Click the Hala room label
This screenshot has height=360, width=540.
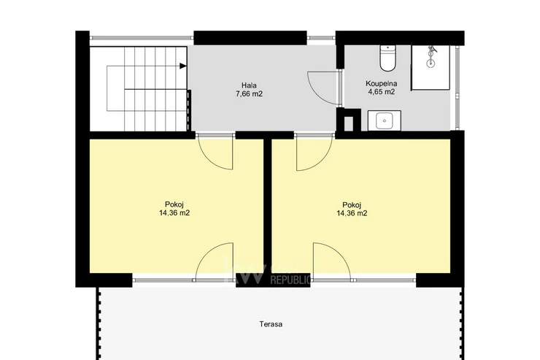point(249,85)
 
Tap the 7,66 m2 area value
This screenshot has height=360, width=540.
point(249,93)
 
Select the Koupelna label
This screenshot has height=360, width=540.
point(381,83)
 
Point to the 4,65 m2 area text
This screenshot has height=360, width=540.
point(381,91)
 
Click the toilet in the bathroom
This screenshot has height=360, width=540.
point(388,58)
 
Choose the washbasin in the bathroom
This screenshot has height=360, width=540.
point(384,120)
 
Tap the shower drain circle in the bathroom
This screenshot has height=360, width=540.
point(431,63)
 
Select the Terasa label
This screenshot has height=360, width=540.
point(271,324)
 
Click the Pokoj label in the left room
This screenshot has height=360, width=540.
point(174,204)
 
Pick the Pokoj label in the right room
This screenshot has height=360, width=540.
point(352,204)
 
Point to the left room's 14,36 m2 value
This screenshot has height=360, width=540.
point(174,213)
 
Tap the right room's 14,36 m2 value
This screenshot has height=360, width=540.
point(352,213)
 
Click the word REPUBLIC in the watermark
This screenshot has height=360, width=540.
point(290,280)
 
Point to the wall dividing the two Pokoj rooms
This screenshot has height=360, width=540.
point(268,206)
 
